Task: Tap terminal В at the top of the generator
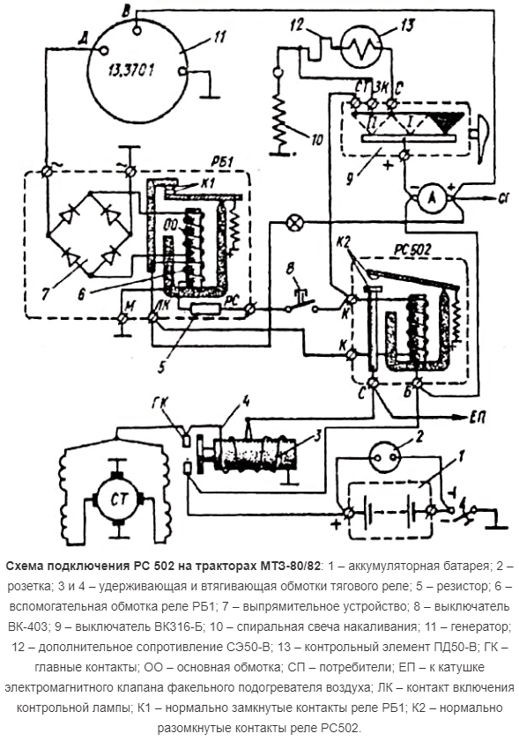click(137, 28)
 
